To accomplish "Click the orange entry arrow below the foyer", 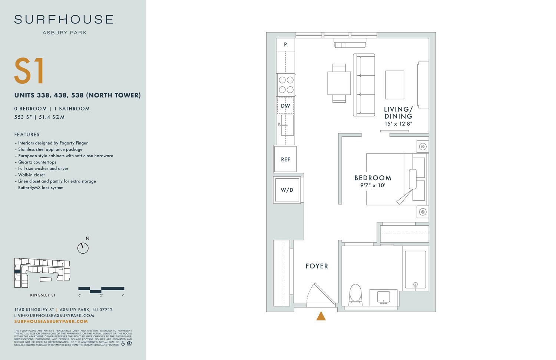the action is point(321,316).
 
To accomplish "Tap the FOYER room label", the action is point(317,266).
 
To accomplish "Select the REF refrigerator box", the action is point(285,159).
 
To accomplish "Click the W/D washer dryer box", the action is point(287,190).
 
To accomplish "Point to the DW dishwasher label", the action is point(285,106).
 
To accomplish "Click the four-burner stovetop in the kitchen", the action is point(286,85).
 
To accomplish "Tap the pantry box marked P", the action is point(285,44).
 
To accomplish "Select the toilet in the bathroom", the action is point(355,294).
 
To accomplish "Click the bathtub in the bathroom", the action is point(415,269).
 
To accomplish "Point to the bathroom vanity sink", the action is point(383,297).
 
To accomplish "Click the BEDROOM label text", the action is point(373,178).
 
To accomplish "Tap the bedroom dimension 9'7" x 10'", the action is point(373,185).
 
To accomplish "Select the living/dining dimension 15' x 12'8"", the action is point(398,124).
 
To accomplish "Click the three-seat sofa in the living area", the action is point(364,85).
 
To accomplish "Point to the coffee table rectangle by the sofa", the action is point(394,85).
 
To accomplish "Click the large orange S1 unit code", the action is point(29,71).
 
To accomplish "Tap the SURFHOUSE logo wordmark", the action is point(64,20).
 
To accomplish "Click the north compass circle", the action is point(83,248).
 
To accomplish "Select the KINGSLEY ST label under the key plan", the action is point(43,295).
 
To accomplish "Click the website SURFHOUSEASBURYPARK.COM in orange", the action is point(51,321).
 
